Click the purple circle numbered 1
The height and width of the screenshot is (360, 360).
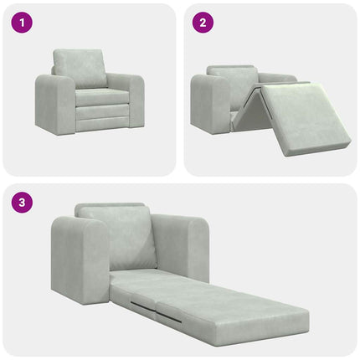[18, 23]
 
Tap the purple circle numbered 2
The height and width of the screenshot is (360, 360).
[200, 23]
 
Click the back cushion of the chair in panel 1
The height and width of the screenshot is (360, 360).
[81, 67]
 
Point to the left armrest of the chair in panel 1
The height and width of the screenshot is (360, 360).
[52, 105]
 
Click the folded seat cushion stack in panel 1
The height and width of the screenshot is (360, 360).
[100, 111]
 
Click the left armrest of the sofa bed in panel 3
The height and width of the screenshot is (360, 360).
[80, 260]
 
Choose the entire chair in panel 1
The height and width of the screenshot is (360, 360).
[90, 92]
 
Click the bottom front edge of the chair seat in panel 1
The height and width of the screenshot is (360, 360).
[100, 127]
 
